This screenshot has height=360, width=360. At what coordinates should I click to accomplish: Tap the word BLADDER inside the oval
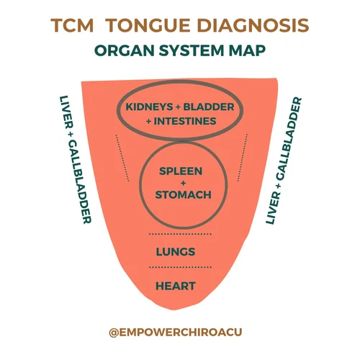point(210,107)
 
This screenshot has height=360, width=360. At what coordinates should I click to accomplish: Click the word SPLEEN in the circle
point(180,171)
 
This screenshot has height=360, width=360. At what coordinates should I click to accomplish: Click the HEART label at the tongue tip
point(176,286)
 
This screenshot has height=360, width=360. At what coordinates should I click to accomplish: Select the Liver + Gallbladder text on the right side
point(284,159)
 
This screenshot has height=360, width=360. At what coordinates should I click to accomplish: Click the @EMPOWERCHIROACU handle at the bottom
point(179,333)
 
